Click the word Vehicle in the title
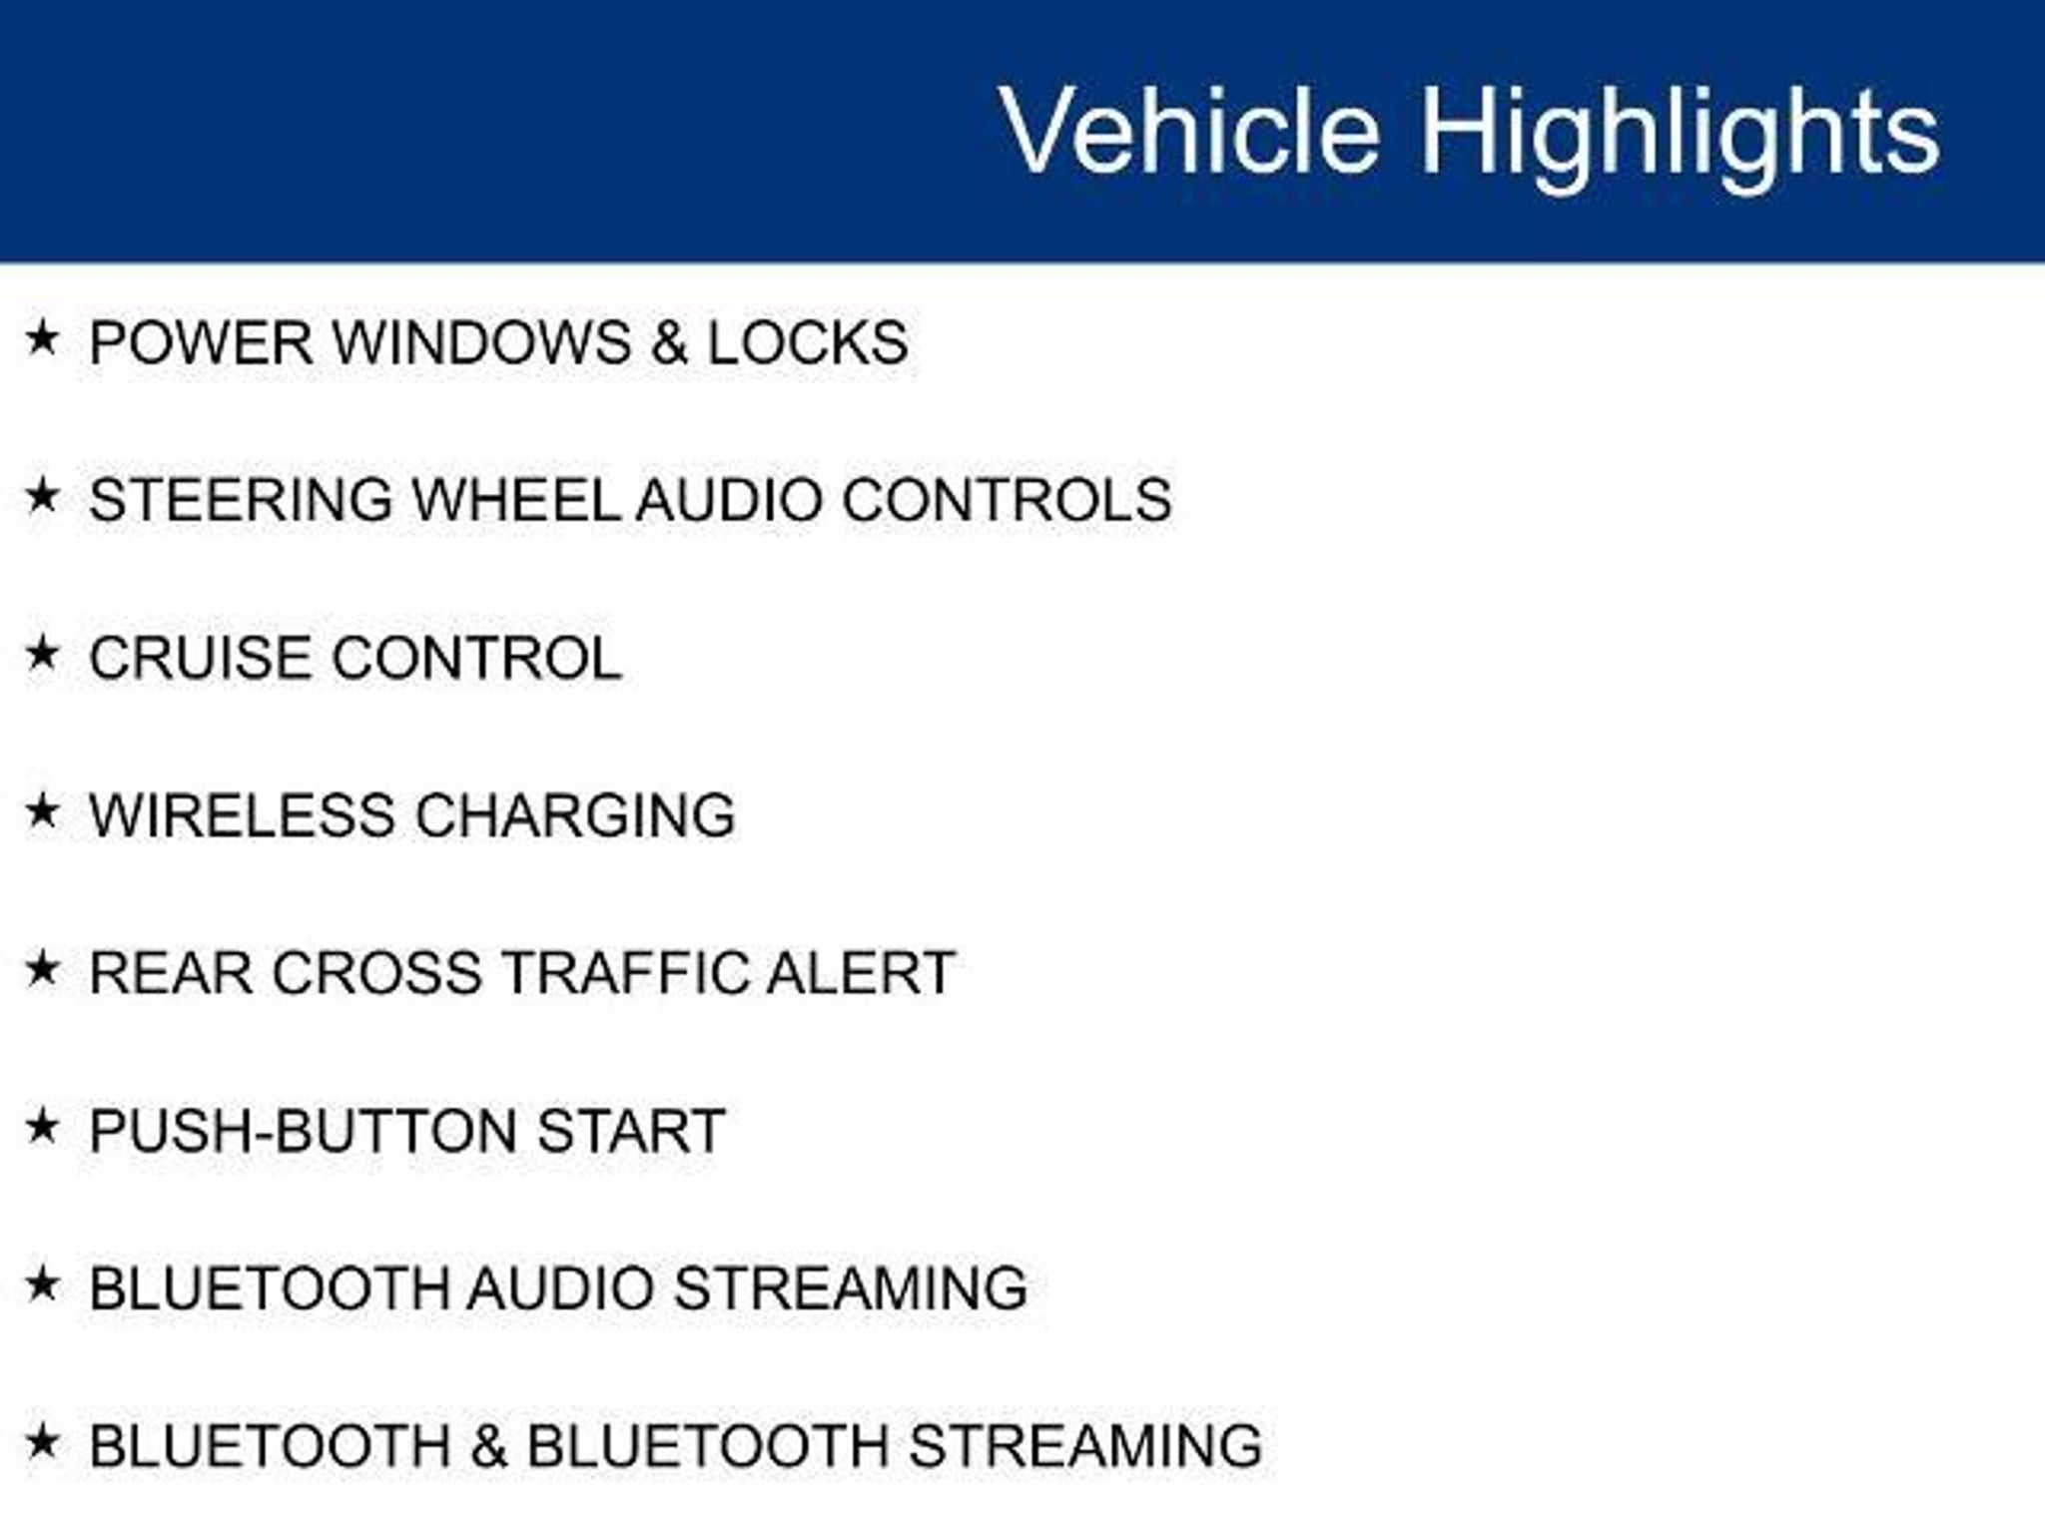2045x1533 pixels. [1189, 131]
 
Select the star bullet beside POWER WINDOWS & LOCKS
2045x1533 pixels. [42, 338]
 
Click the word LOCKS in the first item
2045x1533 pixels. [808, 342]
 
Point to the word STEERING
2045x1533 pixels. [241, 500]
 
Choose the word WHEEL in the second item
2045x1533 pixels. [516, 500]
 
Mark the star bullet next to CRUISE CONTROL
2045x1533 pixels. [42, 654]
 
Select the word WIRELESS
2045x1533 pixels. [243, 815]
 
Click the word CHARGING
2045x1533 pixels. [575, 815]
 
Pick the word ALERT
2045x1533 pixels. [861, 973]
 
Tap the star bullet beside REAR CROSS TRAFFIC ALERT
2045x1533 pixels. [42, 969]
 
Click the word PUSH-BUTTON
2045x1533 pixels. [304, 1131]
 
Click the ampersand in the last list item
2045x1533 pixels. [488, 1446]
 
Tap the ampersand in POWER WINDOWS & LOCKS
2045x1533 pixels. [669, 342]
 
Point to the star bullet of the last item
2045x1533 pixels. [42, 1442]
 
